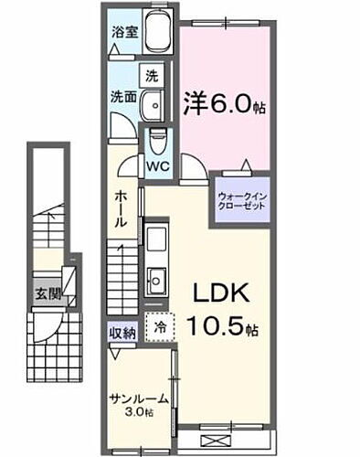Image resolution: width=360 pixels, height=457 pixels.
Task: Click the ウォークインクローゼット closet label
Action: [243, 201]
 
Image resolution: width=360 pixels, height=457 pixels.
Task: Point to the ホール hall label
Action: [122, 211]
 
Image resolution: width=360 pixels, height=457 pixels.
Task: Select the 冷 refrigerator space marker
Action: [160, 326]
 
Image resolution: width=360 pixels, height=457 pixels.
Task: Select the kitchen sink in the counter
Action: [156, 277]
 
